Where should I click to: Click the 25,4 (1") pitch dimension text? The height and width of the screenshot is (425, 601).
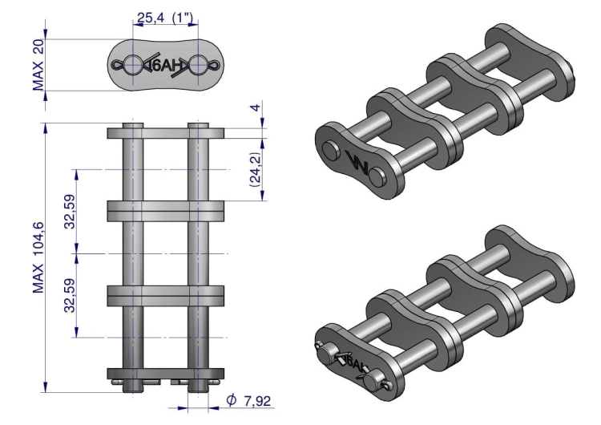pyautogui.click(x=165, y=18)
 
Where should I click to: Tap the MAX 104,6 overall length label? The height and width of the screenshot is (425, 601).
pyautogui.click(x=38, y=257)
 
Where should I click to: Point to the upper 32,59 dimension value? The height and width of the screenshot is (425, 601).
pyautogui.click(x=71, y=212)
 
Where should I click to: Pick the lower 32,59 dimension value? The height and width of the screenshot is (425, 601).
pyautogui.click(x=71, y=295)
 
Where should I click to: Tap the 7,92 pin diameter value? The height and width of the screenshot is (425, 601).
pyautogui.click(x=257, y=401)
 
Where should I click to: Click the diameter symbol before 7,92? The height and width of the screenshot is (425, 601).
pyautogui.click(x=231, y=400)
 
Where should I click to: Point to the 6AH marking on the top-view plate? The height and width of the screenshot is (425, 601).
pyautogui.click(x=165, y=66)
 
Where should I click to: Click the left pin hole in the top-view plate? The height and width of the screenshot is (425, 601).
pyautogui.click(x=132, y=65)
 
